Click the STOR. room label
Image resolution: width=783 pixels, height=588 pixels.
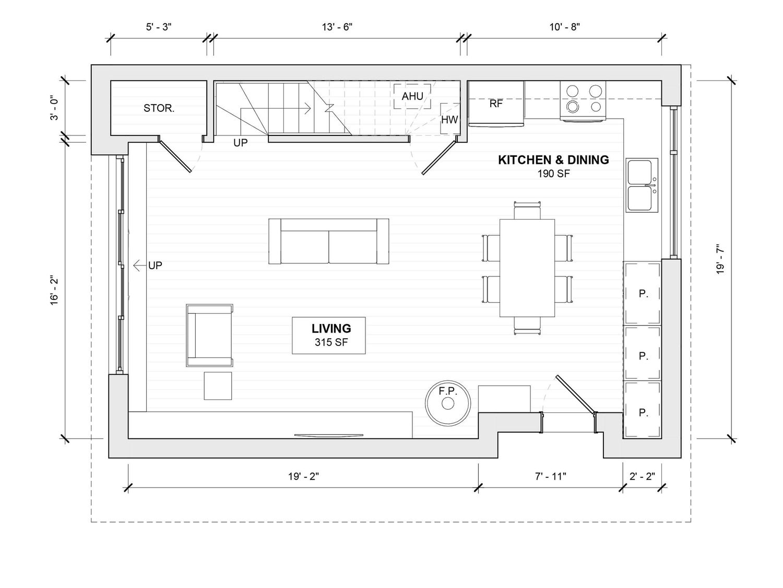pyautogui.click(x=159, y=108)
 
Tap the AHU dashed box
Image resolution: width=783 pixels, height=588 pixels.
pyautogui.click(x=412, y=96)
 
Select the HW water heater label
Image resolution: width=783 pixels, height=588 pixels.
pyautogui.click(x=449, y=120)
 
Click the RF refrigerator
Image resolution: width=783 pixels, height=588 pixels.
pyautogui.click(x=496, y=103)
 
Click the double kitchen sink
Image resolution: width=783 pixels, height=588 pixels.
pyautogui.click(x=642, y=186)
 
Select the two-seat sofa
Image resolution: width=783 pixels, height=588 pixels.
pyautogui.click(x=328, y=241)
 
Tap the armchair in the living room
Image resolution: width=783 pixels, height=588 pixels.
pyautogui.click(x=209, y=335)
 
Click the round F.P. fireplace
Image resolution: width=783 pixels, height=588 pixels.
pyautogui.click(x=448, y=403)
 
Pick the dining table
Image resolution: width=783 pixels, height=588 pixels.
pyautogui.click(x=527, y=268)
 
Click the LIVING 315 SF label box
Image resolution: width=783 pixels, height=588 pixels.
pyautogui.click(x=328, y=336)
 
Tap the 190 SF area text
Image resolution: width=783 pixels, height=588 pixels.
pyautogui.click(x=554, y=174)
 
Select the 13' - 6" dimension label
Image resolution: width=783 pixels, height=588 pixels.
pyautogui.click(x=337, y=27)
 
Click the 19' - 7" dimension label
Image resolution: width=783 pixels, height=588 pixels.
pyautogui.click(x=720, y=259)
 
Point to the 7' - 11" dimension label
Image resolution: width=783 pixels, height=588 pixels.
pyautogui.click(x=550, y=476)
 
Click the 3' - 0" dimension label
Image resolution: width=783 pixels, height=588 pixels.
pyautogui.click(x=54, y=108)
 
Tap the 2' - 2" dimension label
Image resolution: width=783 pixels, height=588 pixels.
pyautogui.click(x=642, y=476)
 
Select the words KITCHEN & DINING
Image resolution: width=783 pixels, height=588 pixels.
pyautogui.click(x=553, y=160)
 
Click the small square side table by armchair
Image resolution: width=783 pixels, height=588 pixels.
pyautogui.click(x=218, y=386)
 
